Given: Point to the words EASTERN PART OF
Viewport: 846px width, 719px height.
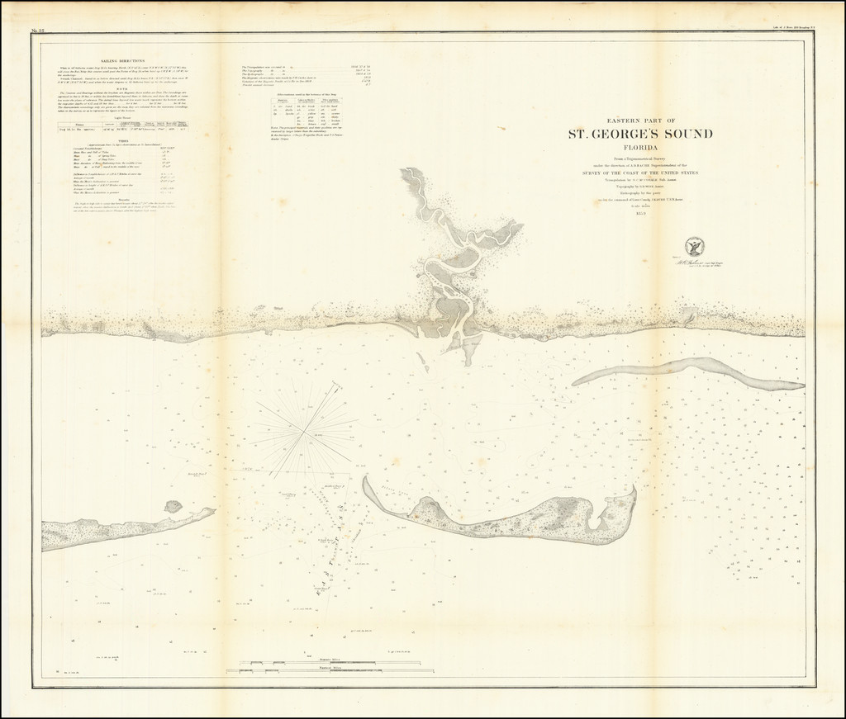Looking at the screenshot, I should point(639,121).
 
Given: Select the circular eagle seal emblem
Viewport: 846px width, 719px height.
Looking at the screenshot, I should point(694,246).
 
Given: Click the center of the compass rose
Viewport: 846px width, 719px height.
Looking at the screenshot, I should point(307,430).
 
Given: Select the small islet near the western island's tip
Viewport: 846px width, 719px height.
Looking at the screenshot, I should point(173,506).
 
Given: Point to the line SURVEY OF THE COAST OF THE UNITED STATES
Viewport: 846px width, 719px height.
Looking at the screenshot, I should point(639,173).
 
